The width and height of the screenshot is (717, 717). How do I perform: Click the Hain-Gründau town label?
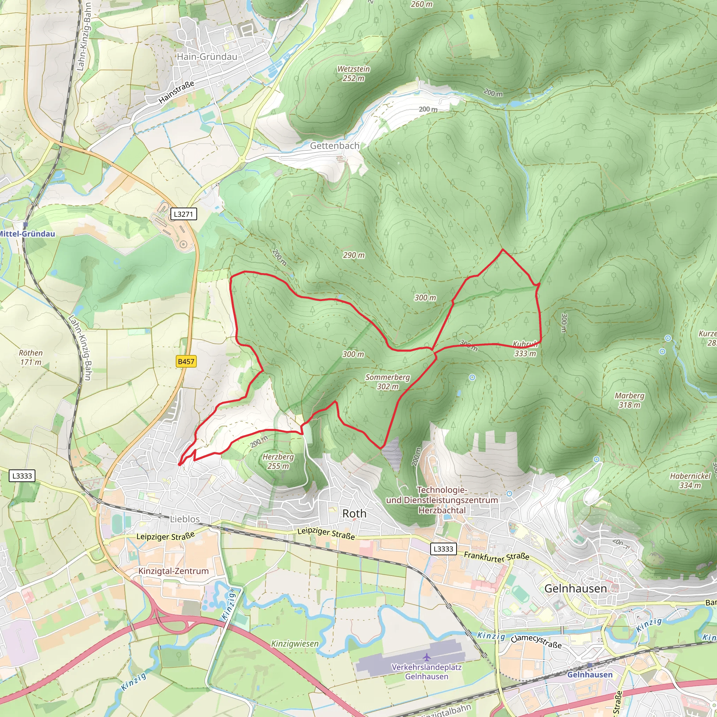click(207, 57)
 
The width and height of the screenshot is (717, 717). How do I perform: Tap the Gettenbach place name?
click(334, 146)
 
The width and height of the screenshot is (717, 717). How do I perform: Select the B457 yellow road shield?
click(186, 361)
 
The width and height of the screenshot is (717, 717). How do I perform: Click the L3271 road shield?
click(183, 214)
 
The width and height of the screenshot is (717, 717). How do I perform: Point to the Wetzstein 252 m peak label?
click(353, 74)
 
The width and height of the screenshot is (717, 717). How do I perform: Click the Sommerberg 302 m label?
click(388, 382)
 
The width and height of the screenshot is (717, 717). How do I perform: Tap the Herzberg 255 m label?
click(278, 461)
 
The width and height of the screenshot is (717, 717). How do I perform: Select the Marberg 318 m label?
click(629, 400)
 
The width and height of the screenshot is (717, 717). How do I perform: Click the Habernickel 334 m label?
click(690, 481)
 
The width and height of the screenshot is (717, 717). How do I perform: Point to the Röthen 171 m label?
click(31, 357)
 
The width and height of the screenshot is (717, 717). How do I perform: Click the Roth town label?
click(354, 514)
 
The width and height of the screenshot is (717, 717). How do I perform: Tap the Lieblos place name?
click(185, 519)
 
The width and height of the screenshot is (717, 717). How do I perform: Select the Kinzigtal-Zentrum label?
click(173, 571)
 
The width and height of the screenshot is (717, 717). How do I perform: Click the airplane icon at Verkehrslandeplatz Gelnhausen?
click(426, 657)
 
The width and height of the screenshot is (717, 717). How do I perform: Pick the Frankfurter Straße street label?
click(496, 557)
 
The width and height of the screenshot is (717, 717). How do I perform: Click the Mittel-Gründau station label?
click(27, 234)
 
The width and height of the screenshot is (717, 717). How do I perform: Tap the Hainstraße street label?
click(176, 92)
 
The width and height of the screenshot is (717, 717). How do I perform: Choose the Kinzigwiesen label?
click(295, 643)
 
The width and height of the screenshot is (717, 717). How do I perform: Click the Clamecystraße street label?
click(536, 641)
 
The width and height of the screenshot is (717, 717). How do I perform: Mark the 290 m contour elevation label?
click(353, 255)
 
